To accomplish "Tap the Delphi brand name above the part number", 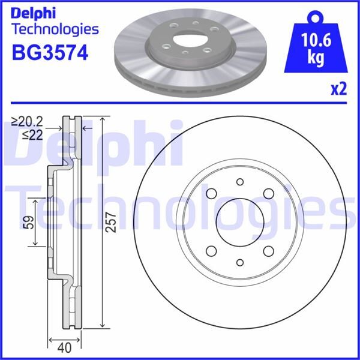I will (35, 11).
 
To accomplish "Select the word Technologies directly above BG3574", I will (55, 29).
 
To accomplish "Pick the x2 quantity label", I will (339, 89).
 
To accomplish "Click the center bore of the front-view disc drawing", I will (239, 222).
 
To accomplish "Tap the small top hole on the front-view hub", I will (239, 182).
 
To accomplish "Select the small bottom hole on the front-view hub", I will (239, 262).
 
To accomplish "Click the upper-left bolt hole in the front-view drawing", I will (211, 193).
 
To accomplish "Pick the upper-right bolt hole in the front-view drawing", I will (268, 193).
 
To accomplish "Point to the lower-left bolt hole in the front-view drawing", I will (211, 251).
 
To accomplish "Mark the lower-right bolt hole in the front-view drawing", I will (268, 251).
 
